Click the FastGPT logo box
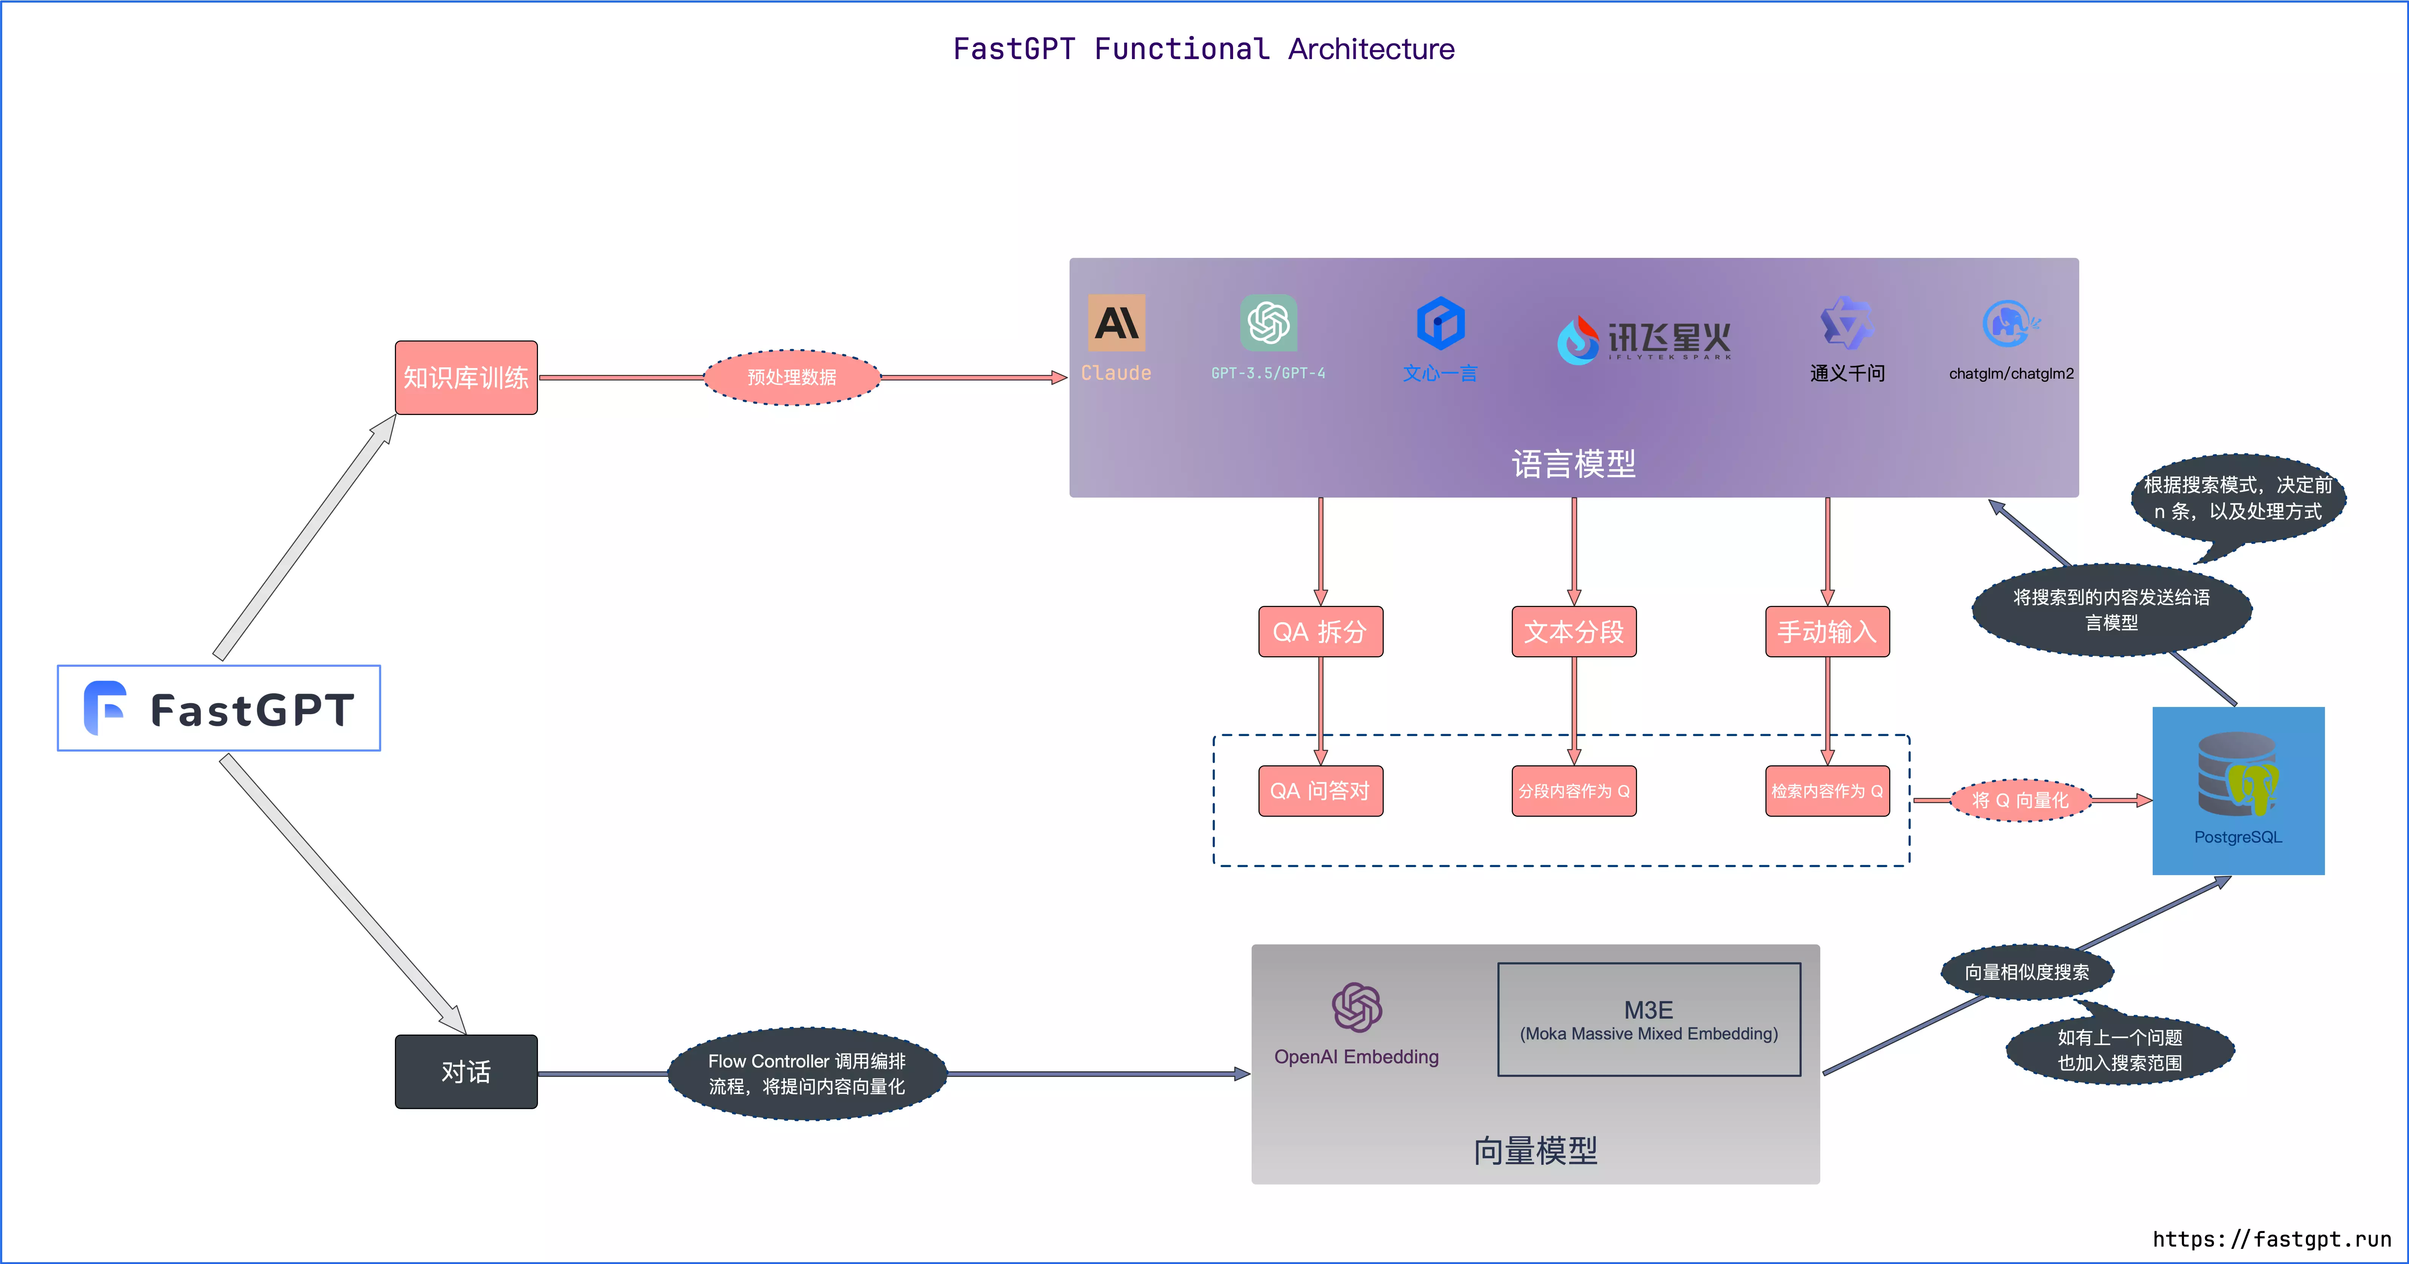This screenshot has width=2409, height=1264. pos(219,708)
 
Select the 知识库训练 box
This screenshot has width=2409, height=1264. pos(466,377)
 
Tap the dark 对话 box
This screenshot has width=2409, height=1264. pos(466,1071)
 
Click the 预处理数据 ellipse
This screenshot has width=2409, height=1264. pos(791,377)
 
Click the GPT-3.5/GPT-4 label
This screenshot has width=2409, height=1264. pos(1268,373)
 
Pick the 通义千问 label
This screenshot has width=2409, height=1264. pos(1847,373)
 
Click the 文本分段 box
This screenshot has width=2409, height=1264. pos(1574,632)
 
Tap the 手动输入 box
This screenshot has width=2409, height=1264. pos(1826,632)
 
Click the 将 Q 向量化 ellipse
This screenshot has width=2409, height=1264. pos(2020,800)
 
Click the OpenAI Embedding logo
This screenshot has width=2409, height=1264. pos(1356,1008)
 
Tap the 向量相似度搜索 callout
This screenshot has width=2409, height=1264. pos(2027,972)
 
